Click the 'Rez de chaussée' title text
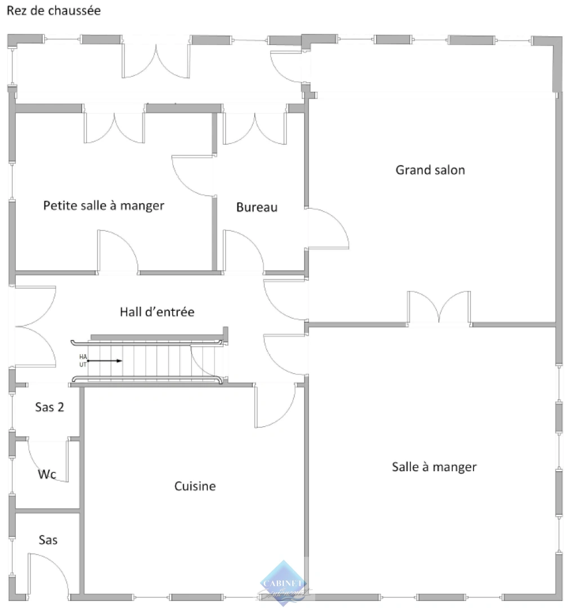[53, 11]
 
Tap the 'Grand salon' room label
[430, 169]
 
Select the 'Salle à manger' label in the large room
[434, 467]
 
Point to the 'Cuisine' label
[195, 486]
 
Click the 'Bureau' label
[257, 207]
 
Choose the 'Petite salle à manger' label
[104, 205]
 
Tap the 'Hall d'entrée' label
[157, 311]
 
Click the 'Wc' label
[47, 475]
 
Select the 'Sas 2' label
[50, 407]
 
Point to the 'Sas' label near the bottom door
[48, 540]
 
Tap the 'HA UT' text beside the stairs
[83, 360]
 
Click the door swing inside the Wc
[50, 459]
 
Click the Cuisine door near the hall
[275, 405]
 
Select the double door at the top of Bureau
[255, 128]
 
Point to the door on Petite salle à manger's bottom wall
[117, 252]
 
